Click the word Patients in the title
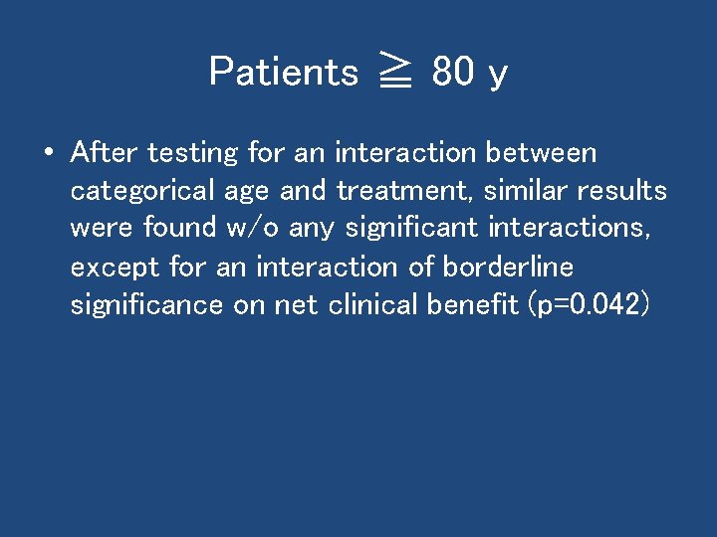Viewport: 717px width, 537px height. (x=284, y=72)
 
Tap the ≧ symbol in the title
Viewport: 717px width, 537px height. (x=395, y=73)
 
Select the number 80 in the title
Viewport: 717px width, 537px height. (x=453, y=72)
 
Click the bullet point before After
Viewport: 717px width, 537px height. (x=47, y=154)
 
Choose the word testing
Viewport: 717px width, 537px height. (x=193, y=154)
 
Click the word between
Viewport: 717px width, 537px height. (x=541, y=153)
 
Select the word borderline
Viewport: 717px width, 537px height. (x=508, y=267)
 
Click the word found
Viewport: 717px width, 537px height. (x=179, y=229)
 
